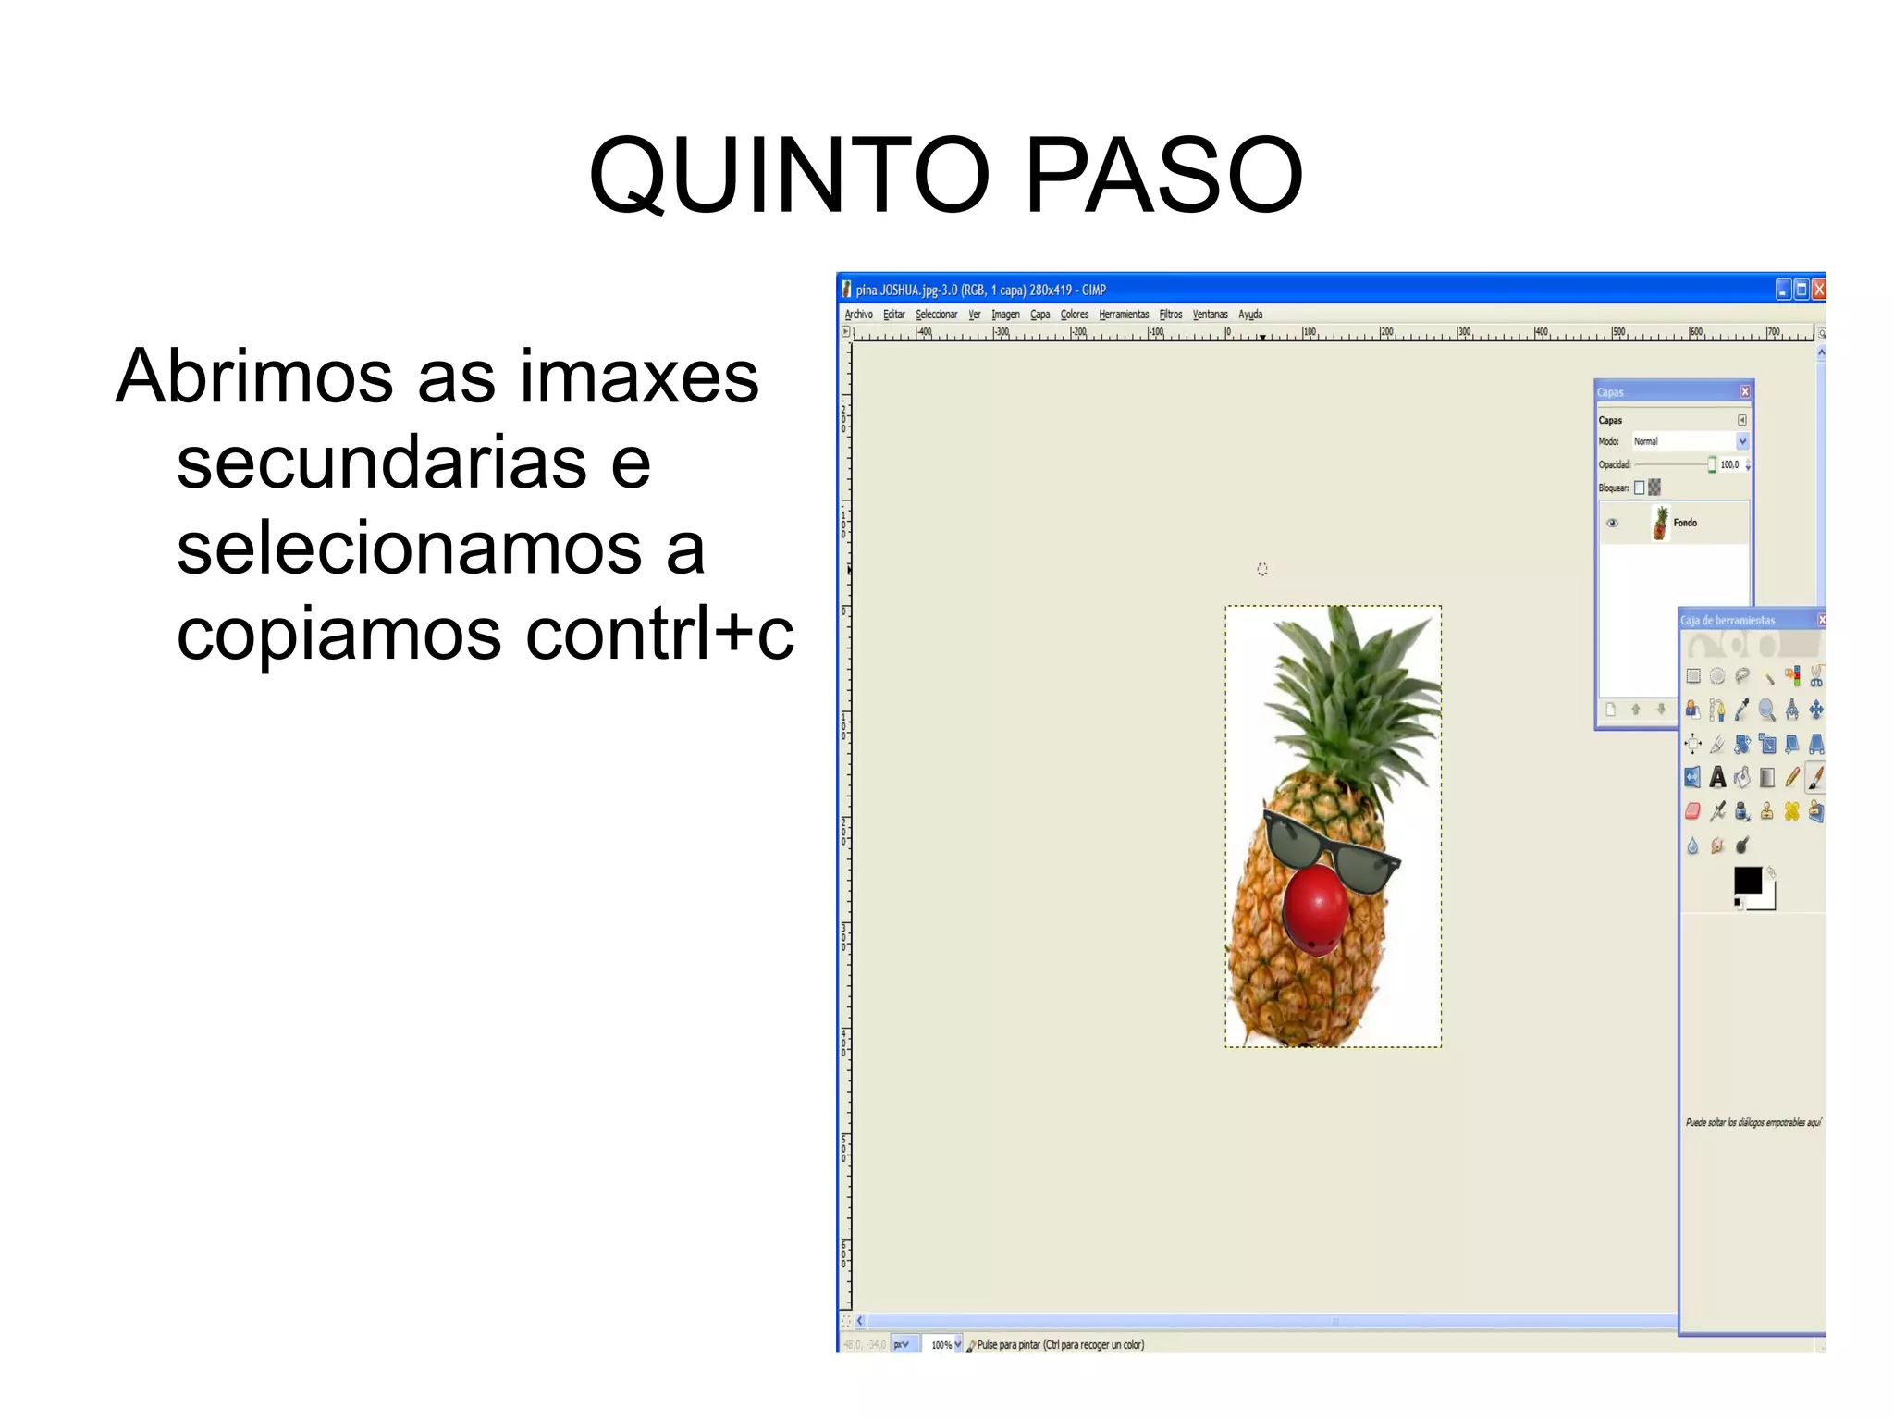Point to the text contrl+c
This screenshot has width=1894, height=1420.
point(658,635)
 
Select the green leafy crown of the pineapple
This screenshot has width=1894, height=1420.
point(1350,694)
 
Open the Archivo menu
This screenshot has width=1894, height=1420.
point(858,315)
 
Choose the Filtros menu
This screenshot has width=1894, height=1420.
point(1170,315)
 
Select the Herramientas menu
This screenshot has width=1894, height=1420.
point(1123,315)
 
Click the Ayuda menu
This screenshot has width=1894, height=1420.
point(1250,315)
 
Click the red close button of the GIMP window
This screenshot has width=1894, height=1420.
point(1818,290)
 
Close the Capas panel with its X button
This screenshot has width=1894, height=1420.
point(1744,391)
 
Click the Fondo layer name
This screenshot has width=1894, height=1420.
point(1685,523)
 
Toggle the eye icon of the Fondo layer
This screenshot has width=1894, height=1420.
point(1612,523)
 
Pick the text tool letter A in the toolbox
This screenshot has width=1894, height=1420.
point(1717,778)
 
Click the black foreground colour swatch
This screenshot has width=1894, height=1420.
point(1746,879)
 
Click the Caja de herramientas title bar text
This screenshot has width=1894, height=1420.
point(1728,620)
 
